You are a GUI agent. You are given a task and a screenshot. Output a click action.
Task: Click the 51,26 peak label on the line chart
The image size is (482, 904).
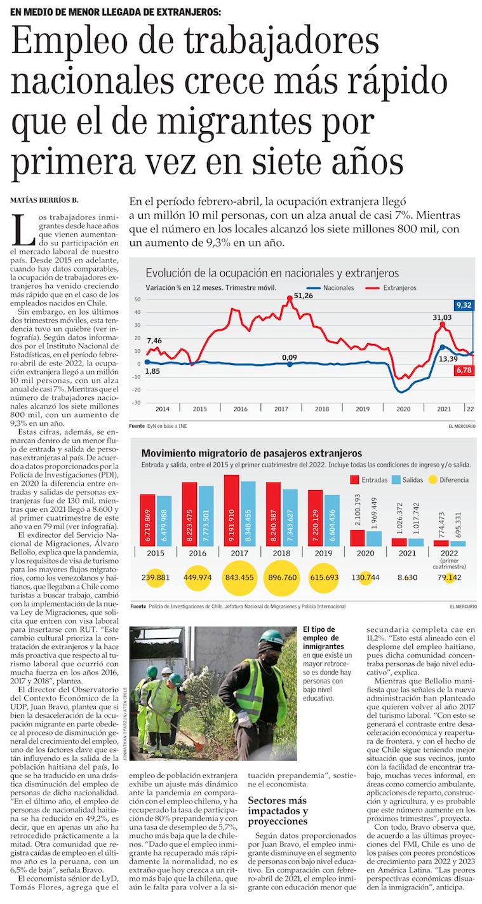pyautogui.click(x=304, y=296)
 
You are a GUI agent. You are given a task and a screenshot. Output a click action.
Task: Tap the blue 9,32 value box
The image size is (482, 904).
pyautogui.click(x=463, y=305)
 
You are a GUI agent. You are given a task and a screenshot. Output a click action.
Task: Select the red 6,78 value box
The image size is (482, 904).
pyautogui.click(x=463, y=370)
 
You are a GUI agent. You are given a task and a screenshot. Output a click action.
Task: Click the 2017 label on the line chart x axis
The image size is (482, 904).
pyautogui.click(x=281, y=409)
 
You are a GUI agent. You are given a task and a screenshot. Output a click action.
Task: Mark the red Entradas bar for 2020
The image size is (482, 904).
pyautogui.click(x=358, y=538)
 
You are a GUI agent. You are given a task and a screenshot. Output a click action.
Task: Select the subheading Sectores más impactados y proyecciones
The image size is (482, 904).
pyautogui.click(x=278, y=811)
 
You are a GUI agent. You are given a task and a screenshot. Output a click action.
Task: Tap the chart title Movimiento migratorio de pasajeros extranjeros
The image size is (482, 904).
pyautogui.click(x=251, y=453)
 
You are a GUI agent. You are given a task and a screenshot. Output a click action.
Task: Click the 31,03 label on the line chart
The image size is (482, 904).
pyautogui.click(x=442, y=317)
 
